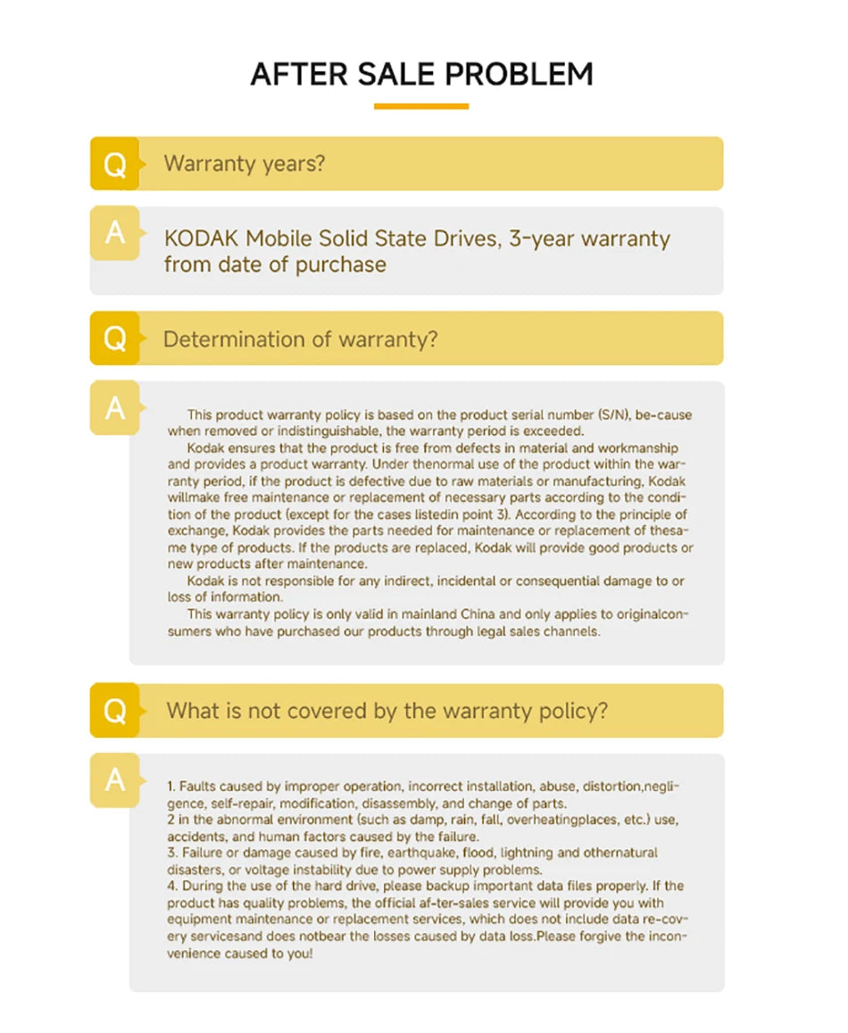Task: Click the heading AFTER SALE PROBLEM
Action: tap(421, 74)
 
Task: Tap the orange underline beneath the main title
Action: tap(421, 106)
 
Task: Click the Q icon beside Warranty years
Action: tap(115, 164)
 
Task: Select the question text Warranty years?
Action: tap(244, 164)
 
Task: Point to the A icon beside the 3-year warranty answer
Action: tap(115, 233)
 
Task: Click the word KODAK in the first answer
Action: tap(202, 239)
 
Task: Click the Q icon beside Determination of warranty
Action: tap(115, 339)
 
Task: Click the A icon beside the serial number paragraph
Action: tap(115, 408)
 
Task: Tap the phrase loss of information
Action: tap(225, 598)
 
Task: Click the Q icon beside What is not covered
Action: tap(115, 711)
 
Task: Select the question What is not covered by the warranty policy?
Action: tap(387, 711)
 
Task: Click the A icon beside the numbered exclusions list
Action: tap(115, 780)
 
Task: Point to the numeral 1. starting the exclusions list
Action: tap(171, 787)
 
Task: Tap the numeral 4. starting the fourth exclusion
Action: tap(172, 886)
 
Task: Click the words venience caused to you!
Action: tap(241, 953)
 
